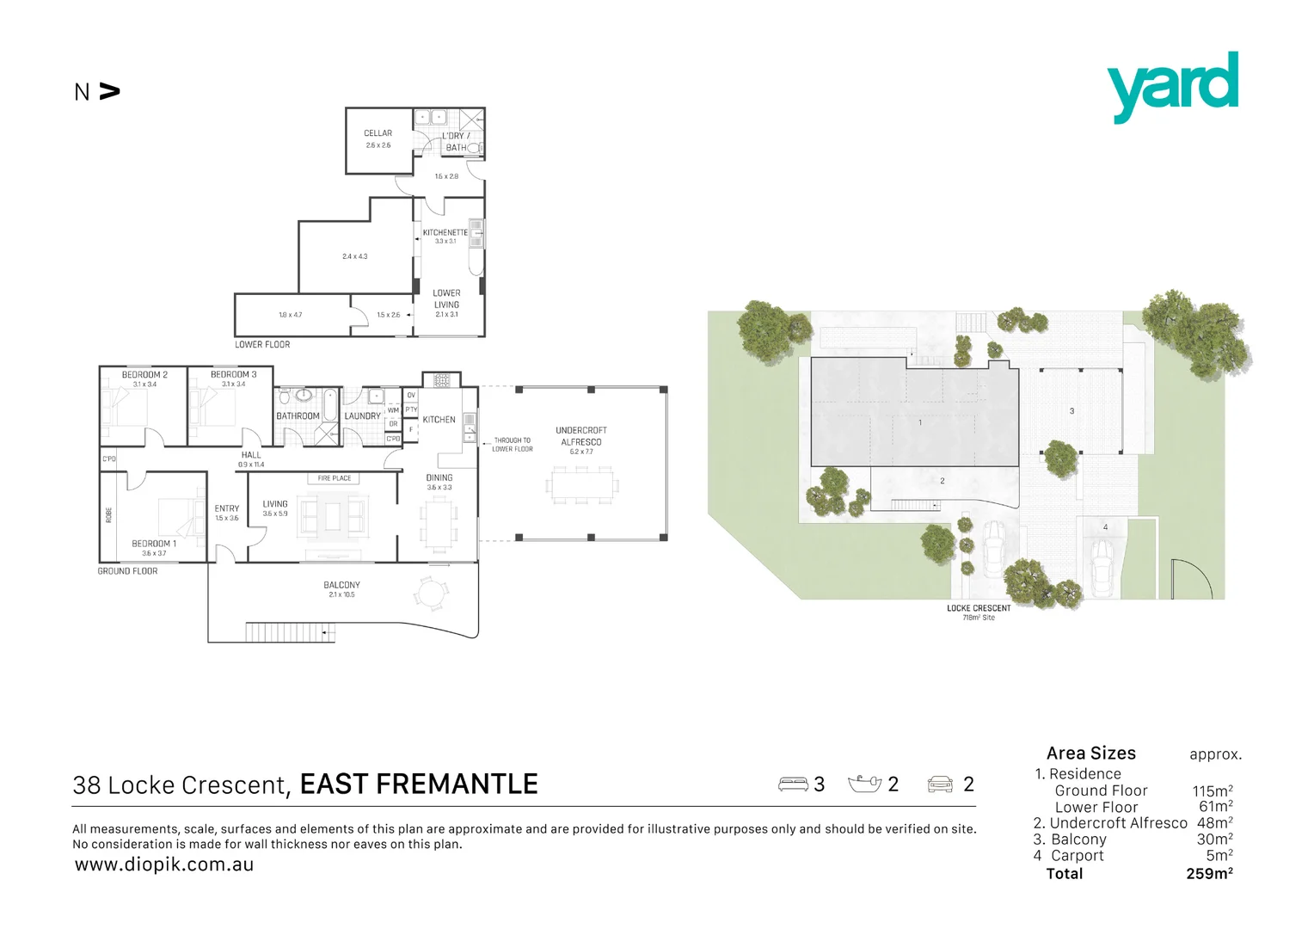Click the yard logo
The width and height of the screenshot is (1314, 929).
click(x=1172, y=86)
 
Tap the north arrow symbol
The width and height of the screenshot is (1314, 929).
click(x=109, y=91)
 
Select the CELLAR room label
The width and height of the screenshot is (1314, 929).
click(x=378, y=133)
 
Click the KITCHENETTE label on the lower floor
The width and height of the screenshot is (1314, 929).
click(x=445, y=232)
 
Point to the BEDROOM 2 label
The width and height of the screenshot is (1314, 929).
click(x=144, y=375)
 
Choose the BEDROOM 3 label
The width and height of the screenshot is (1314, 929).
click(x=233, y=375)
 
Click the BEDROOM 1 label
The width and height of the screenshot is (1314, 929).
click(x=154, y=544)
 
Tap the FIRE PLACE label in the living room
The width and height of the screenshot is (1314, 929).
click(x=335, y=478)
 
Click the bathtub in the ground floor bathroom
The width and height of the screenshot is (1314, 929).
click(x=329, y=405)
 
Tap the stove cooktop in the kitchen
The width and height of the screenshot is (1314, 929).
click(x=441, y=379)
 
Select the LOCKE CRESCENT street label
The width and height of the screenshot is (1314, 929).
click(x=979, y=608)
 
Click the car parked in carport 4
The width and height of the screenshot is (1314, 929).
click(x=1102, y=567)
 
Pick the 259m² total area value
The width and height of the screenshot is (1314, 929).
click(x=1209, y=873)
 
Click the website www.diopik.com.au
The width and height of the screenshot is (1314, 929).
click(x=164, y=864)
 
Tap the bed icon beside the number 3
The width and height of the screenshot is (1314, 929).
click(x=792, y=784)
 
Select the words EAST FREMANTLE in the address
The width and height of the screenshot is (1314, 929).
click(x=419, y=784)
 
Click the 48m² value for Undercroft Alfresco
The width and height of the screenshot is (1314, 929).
click(x=1214, y=823)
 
